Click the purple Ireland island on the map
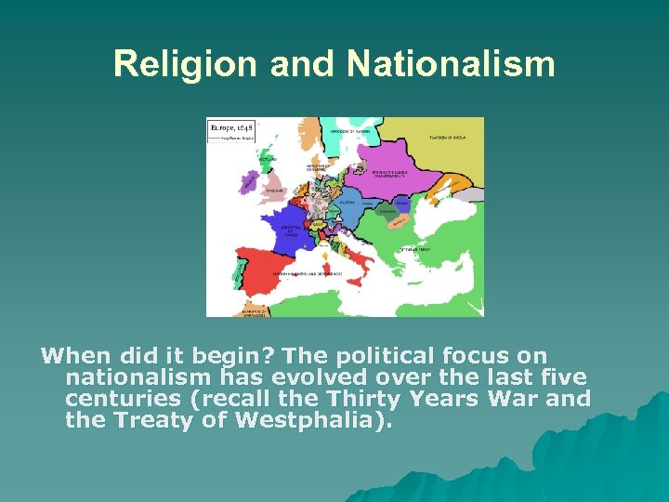pos(250,182)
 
